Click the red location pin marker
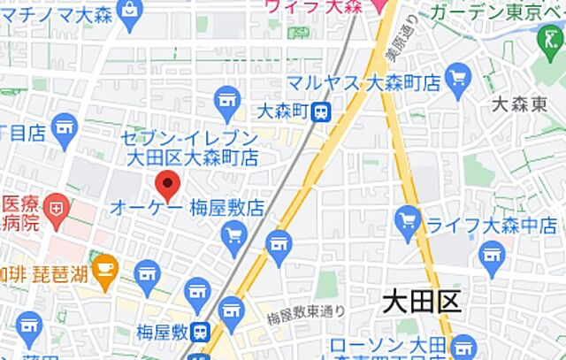168,185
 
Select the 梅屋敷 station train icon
201,333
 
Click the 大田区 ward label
422,303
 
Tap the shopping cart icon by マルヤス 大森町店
458,77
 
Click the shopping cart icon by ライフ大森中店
408,218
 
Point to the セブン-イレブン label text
190,139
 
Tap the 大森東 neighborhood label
521,104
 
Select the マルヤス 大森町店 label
363,83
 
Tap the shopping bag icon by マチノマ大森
131,11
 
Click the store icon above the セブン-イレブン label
227,98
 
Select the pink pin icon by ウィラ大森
379,7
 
